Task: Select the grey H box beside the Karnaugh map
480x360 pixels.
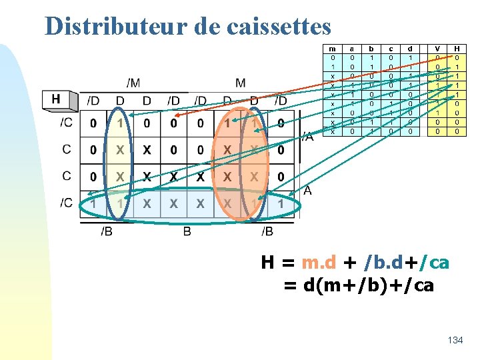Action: (x=56, y=99)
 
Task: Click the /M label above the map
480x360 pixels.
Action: (x=133, y=83)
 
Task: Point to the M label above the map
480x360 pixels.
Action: (x=240, y=83)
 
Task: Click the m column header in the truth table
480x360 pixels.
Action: (x=332, y=49)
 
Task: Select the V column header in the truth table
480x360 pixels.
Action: (x=437, y=49)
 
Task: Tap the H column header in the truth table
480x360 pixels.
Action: (x=457, y=49)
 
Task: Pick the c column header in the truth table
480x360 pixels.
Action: (x=391, y=49)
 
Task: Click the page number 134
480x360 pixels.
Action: (x=455, y=340)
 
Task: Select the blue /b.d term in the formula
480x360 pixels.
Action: (x=381, y=263)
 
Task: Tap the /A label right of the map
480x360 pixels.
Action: (x=307, y=137)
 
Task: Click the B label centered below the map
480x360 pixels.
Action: (x=187, y=231)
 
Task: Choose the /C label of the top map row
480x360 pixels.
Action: (x=66, y=123)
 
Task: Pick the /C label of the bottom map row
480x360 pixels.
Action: (x=66, y=203)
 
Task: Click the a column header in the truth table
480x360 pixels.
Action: (x=351, y=49)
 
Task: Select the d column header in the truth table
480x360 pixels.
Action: (x=410, y=49)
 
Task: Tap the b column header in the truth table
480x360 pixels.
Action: (x=371, y=49)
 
